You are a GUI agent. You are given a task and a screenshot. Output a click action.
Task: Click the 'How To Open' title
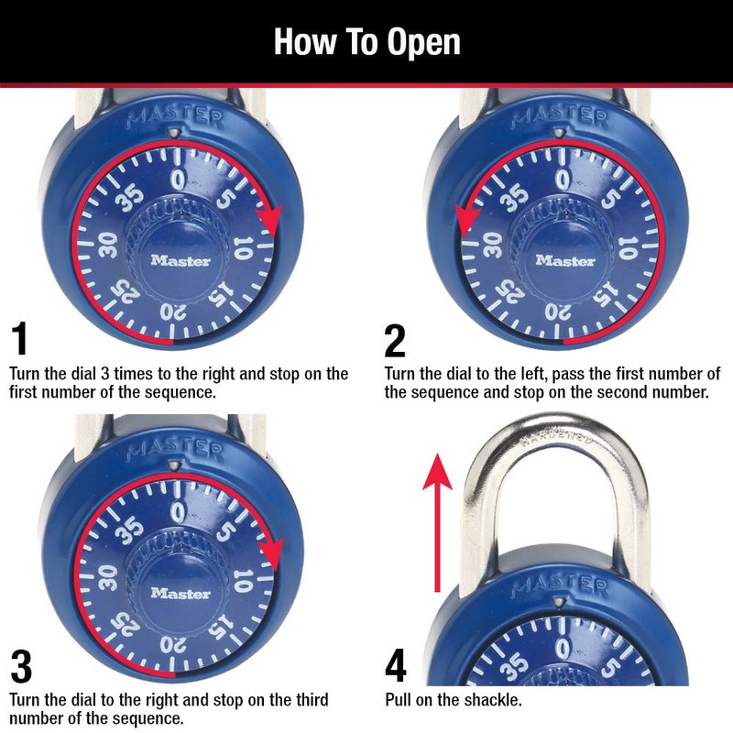coord(366,42)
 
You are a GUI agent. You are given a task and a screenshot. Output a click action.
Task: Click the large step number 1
coord(19,340)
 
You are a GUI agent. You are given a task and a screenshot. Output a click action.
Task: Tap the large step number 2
coord(395,340)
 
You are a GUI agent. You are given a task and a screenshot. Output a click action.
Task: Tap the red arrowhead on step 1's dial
coord(268,220)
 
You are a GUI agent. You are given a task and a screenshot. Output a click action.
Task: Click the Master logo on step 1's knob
coord(181,260)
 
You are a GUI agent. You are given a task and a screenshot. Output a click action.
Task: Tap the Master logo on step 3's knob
coord(181,593)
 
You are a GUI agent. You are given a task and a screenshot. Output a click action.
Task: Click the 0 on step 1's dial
coord(180,176)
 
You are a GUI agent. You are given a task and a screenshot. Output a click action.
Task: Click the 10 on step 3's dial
coord(243,580)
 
